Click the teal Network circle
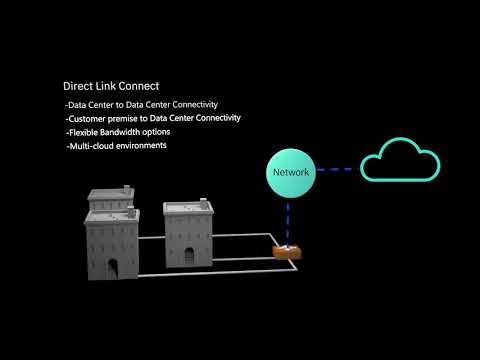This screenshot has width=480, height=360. pos(290,173)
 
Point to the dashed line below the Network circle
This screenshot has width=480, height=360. pos(288,219)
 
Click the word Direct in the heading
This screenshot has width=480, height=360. pos(79,86)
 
